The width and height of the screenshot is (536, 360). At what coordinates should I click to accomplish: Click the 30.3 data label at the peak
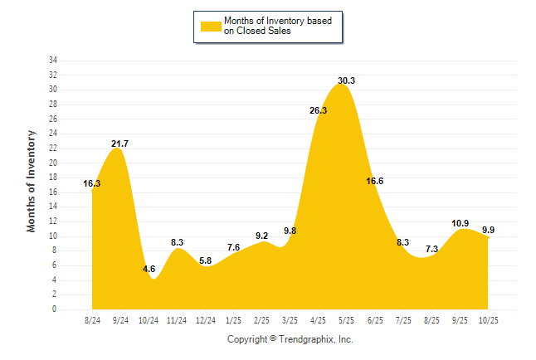coord(347,80)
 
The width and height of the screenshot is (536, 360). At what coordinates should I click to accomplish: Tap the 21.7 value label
coord(120,144)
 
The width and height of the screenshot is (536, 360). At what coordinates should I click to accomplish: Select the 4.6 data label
coord(149,269)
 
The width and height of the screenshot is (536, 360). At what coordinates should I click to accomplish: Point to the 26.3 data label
coord(319,110)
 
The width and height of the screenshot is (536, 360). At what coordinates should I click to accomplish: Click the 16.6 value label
coord(375,181)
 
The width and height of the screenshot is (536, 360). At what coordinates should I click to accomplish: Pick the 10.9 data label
coord(460,224)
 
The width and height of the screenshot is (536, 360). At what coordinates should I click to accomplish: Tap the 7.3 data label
coord(431,249)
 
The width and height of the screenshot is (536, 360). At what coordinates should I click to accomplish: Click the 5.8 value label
coord(206,260)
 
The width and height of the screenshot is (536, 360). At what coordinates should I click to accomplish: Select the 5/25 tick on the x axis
coord(347,319)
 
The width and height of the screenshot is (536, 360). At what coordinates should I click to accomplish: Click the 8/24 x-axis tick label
coord(92,319)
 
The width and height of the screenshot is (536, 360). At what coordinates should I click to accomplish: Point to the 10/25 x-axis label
coord(488,319)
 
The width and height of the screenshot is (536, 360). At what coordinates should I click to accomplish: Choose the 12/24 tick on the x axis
coord(205,319)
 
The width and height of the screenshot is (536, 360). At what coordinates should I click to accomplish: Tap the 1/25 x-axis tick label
coord(234,319)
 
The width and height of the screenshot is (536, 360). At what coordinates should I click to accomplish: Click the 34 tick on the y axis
coord(53,61)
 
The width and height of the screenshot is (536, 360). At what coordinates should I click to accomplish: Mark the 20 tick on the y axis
coord(53,163)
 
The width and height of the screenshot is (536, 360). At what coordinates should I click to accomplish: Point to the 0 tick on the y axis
coord(55,309)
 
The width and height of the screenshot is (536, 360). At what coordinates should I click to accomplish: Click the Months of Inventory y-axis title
coord(32,180)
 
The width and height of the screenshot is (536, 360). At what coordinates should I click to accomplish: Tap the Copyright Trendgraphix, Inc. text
coord(290,339)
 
